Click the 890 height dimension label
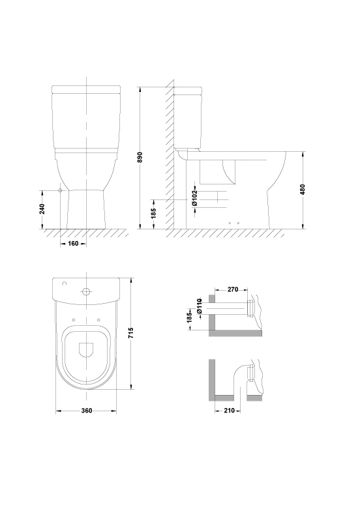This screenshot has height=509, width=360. (x=140, y=158)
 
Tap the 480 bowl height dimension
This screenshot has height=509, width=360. (x=303, y=190)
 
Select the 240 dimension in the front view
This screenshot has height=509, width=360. (x=42, y=209)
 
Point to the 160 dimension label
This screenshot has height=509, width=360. (x=73, y=243)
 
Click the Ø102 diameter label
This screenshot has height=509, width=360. (x=194, y=198)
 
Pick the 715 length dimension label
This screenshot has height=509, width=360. (x=131, y=333)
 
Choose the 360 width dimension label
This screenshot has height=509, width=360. (x=87, y=411)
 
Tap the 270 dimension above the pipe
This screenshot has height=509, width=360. (x=233, y=289)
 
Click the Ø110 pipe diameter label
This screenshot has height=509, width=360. (x=200, y=306)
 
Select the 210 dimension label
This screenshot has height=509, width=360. (x=229, y=411)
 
